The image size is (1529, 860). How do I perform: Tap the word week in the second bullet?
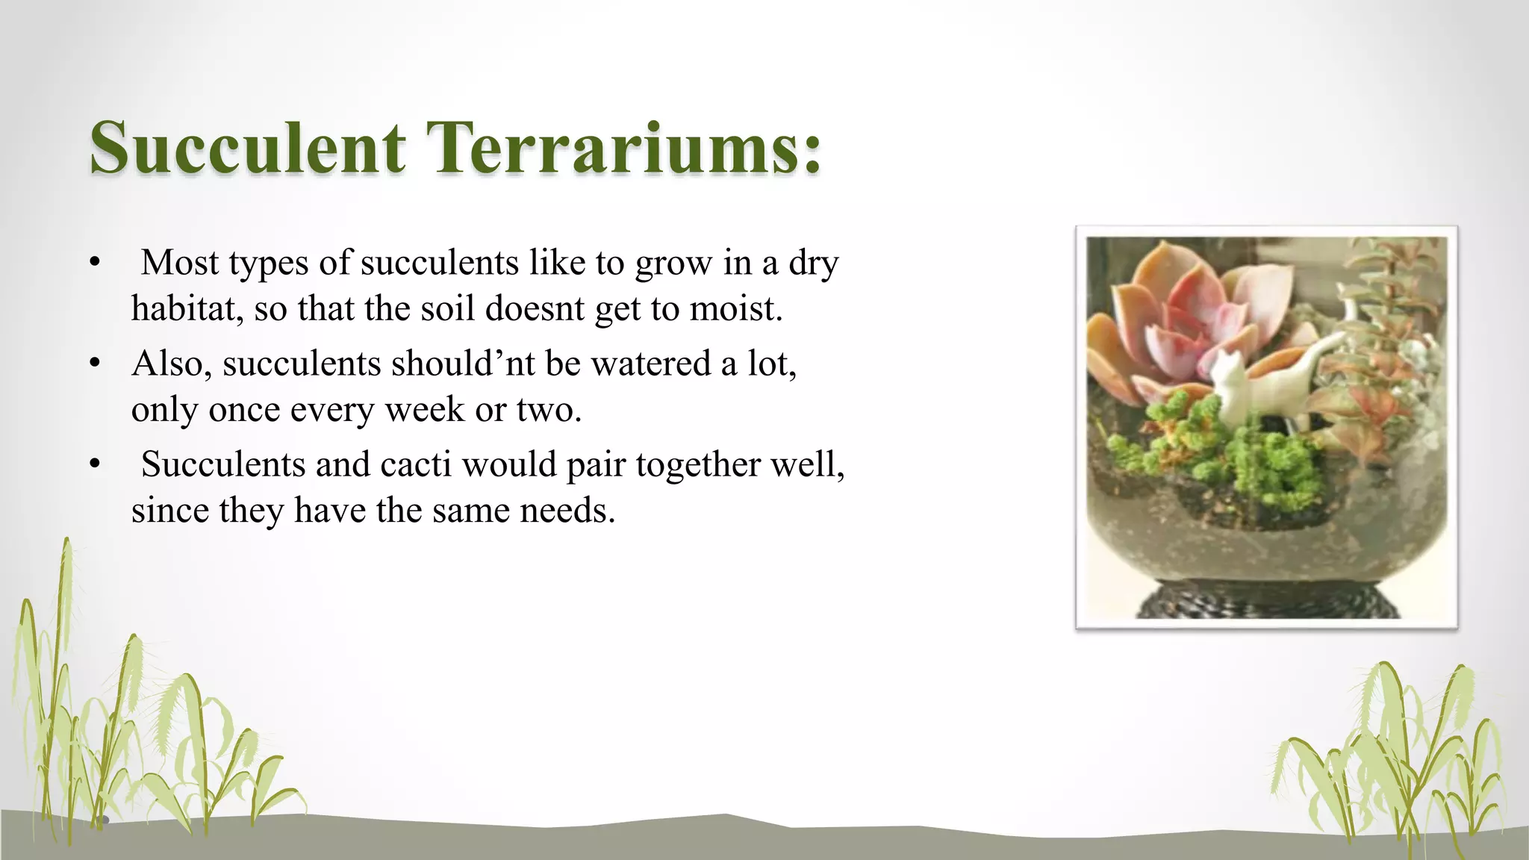click(x=423, y=409)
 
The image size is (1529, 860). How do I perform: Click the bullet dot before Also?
click(x=94, y=364)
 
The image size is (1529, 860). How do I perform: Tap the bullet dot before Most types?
click(x=94, y=263)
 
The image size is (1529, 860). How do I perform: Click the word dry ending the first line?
click(x=814, y=263)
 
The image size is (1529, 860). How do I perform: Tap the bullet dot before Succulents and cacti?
click(x=94, y=465)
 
